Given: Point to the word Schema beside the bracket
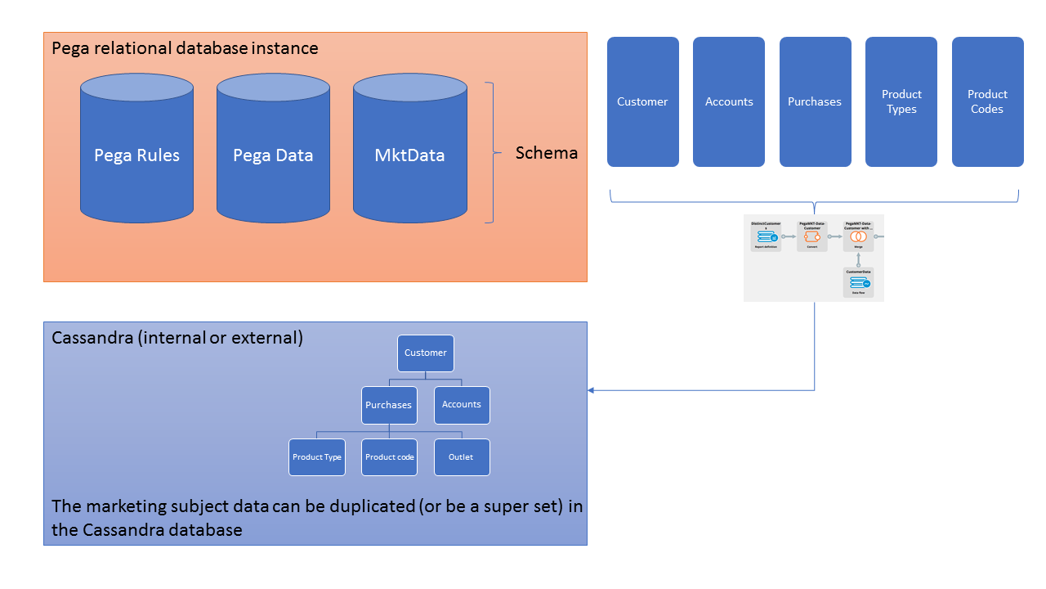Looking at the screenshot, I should (x=546, y=153).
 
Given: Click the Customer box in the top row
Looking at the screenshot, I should (x=642, y=101).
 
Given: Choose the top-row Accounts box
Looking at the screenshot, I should (x=729, y=101).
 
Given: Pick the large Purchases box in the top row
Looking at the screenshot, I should (x=815, y=101).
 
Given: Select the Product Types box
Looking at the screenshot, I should (x=901, y=101).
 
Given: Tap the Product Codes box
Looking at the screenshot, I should (x=987, y=101).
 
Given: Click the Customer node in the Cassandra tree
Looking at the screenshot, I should (x=426, y=353).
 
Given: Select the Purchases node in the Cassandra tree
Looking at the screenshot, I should (x=389, y=405).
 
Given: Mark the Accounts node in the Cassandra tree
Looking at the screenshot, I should (x=462, y=405).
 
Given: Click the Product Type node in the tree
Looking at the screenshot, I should (x=316, y=457).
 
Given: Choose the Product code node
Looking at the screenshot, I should (x=389, y=457).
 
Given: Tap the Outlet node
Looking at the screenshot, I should (x=462, y=457).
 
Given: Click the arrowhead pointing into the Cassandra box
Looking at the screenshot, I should (x=592, y=390).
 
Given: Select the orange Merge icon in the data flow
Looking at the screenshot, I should (x=859, y=236).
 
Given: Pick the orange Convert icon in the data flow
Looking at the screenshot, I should (x=812, y=236).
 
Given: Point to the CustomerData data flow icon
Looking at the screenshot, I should (x=859, y=282).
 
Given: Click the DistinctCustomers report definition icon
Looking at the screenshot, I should (x=766, y=237).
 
